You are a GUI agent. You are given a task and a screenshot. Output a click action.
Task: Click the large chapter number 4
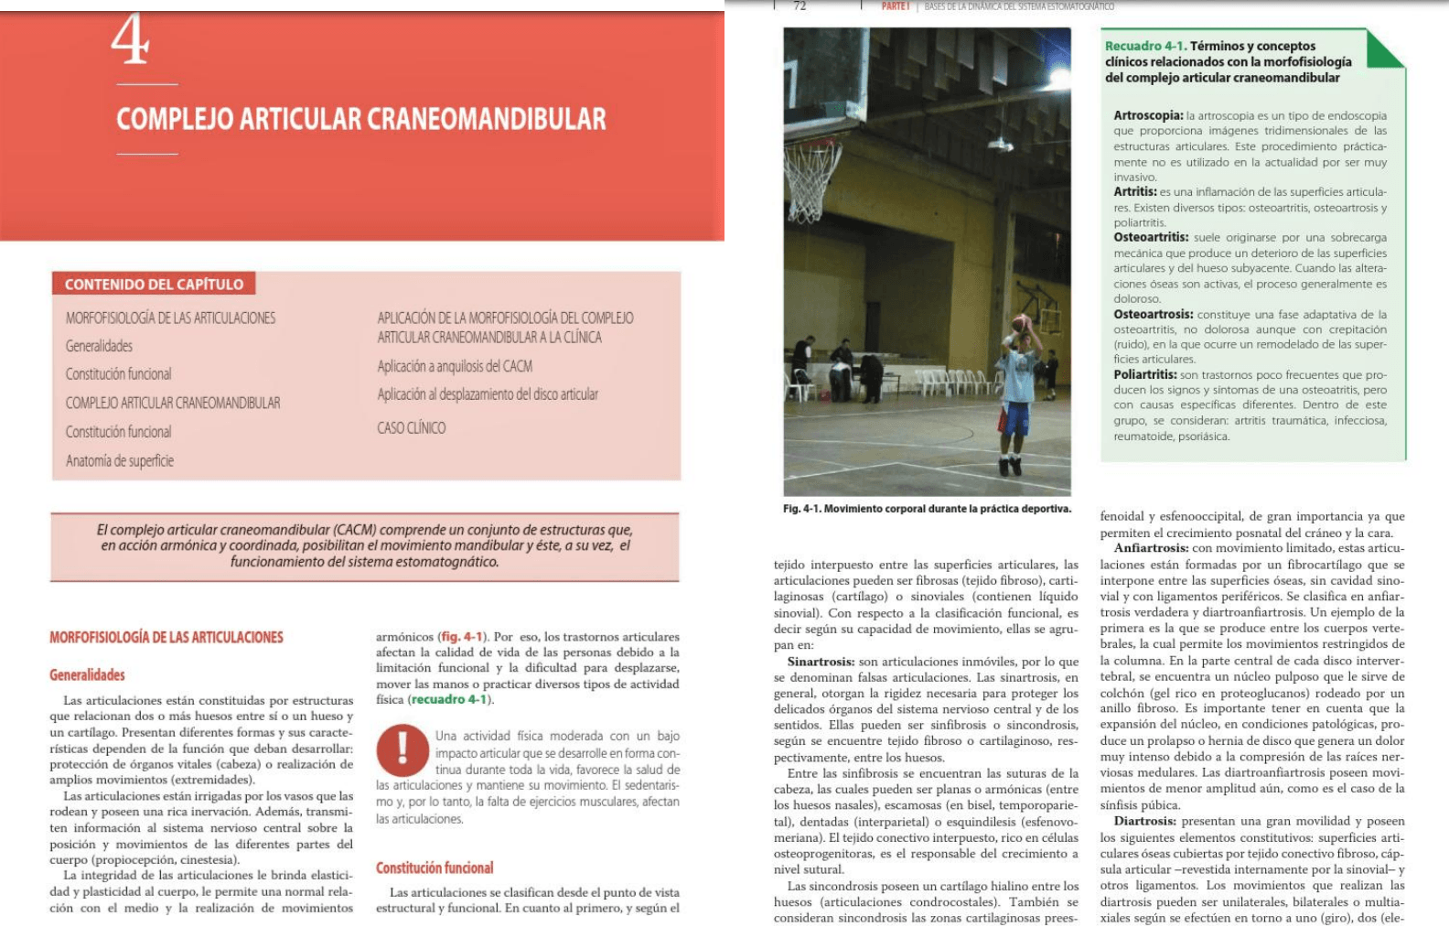[130, 40]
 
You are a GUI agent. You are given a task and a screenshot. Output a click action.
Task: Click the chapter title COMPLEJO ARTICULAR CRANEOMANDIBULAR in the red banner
[360, 119]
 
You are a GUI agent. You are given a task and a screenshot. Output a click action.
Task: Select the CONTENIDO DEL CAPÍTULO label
[154, 285]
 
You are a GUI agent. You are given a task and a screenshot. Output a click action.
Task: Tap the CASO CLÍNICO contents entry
[411, 427]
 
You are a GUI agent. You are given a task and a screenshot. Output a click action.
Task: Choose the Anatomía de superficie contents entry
[119, 460]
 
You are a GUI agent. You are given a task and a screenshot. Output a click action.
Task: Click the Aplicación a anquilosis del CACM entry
[455, 366]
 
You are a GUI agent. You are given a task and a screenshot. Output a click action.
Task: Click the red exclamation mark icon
[402, 749]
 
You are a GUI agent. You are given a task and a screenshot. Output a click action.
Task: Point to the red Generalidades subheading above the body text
[87, 674]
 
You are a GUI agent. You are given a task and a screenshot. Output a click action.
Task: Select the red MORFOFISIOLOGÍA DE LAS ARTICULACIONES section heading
[166, 637]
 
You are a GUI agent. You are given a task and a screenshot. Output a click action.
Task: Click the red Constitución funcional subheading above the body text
[435, 868]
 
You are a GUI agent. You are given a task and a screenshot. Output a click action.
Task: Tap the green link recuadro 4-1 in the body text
[450, 700]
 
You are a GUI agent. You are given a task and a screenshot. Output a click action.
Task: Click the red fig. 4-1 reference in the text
[462, 637]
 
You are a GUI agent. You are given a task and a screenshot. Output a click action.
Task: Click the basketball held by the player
[1022, 323]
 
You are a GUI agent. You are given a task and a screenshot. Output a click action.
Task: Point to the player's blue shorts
[1014, 417]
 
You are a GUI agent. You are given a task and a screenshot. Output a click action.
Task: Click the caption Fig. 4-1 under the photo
[926, 509]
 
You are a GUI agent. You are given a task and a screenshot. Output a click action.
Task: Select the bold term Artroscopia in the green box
[1147, 116]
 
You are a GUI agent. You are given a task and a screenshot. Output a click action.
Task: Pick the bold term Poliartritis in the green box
[1144, 374]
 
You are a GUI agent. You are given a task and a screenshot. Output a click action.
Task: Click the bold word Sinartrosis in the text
[821, 662]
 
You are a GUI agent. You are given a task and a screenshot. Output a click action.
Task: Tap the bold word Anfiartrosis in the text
[1151, 548]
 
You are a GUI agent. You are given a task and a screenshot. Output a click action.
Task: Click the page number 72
[800, 6]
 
